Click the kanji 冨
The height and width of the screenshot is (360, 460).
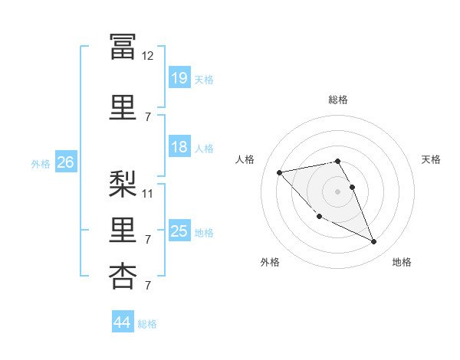tap(123, 47)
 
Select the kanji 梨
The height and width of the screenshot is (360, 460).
tap(123, 184)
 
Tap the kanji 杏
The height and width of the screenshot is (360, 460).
tap(123, 277)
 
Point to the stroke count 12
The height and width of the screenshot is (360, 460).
tap(147, 56)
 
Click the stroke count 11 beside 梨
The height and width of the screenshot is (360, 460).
tap(147, 194)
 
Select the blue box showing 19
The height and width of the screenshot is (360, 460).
tap(179, 77)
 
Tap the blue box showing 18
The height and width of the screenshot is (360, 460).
tap(179, 146)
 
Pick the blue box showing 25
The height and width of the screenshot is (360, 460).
tap(179, 230)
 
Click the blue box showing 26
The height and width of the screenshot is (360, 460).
tap(66, 162)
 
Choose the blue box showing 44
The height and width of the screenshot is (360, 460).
tap(123, 321)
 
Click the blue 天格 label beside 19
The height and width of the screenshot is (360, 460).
tap(204, 80)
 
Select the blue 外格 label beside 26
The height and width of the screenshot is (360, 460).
tap(41, 164)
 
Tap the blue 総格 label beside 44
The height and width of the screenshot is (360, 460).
tap(147, 324)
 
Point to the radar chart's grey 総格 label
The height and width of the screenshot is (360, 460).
tap(338, 100)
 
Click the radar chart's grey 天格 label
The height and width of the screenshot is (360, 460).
tap(431, 159)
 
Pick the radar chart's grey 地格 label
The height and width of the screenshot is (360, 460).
tap(402, 262)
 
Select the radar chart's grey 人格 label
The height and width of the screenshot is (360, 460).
tap(245, 159)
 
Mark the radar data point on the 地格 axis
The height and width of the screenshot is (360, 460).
tap(374, 241)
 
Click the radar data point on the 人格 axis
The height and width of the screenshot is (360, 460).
tap(280, 172)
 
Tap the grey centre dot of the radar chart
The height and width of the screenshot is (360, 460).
tap(337, 191)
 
